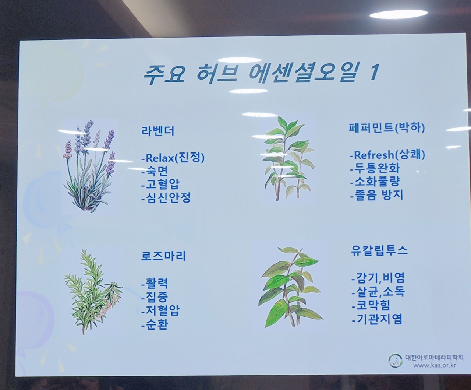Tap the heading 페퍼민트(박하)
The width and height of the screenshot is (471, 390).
click(387, 128)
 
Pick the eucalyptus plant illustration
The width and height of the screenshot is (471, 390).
click(290, 287)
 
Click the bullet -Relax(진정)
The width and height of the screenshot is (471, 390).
click(173, 158)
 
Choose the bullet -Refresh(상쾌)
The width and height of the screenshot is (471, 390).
click(387, 155)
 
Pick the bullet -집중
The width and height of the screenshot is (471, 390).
click(154, 297)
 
